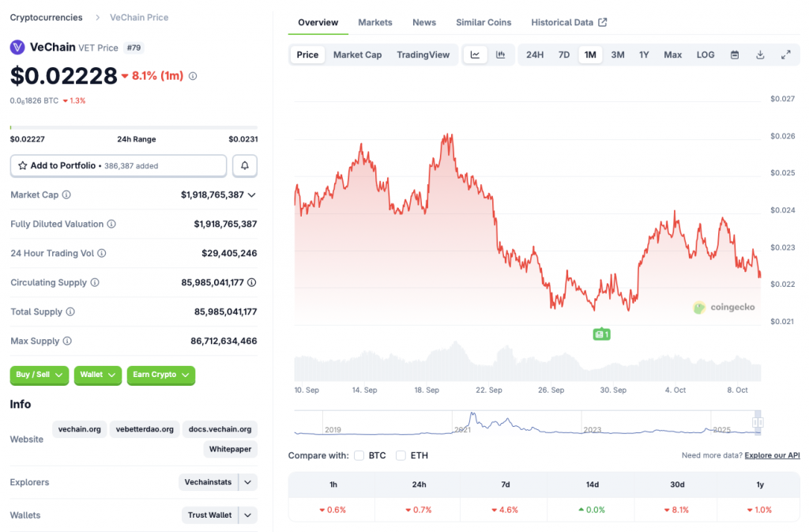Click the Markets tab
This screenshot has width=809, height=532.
(375, 22)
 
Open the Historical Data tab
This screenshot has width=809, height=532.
(569, 22)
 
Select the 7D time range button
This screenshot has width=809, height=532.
(564, 55)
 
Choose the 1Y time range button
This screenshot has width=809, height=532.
(644, 55)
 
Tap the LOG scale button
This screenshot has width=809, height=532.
(706, 55)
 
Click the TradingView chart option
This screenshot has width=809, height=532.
(423, 55)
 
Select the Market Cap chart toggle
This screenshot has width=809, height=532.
(357, 55)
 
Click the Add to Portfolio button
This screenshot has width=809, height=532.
(119, 166)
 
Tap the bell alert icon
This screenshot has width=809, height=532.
(245, 166)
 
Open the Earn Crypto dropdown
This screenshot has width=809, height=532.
(160, 375)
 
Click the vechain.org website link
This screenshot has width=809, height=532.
(79, 429)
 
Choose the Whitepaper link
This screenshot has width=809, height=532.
(230, 449)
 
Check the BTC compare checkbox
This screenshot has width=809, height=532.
(359, 455)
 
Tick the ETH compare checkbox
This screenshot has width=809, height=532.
(401, 455)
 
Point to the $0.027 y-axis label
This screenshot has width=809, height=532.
(782, 99)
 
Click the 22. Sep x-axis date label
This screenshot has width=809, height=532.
(489, 390)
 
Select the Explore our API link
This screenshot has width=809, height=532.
(772, 455)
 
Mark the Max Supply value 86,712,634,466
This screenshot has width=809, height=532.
(225, 341)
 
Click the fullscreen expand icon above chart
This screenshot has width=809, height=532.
(786, 55)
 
